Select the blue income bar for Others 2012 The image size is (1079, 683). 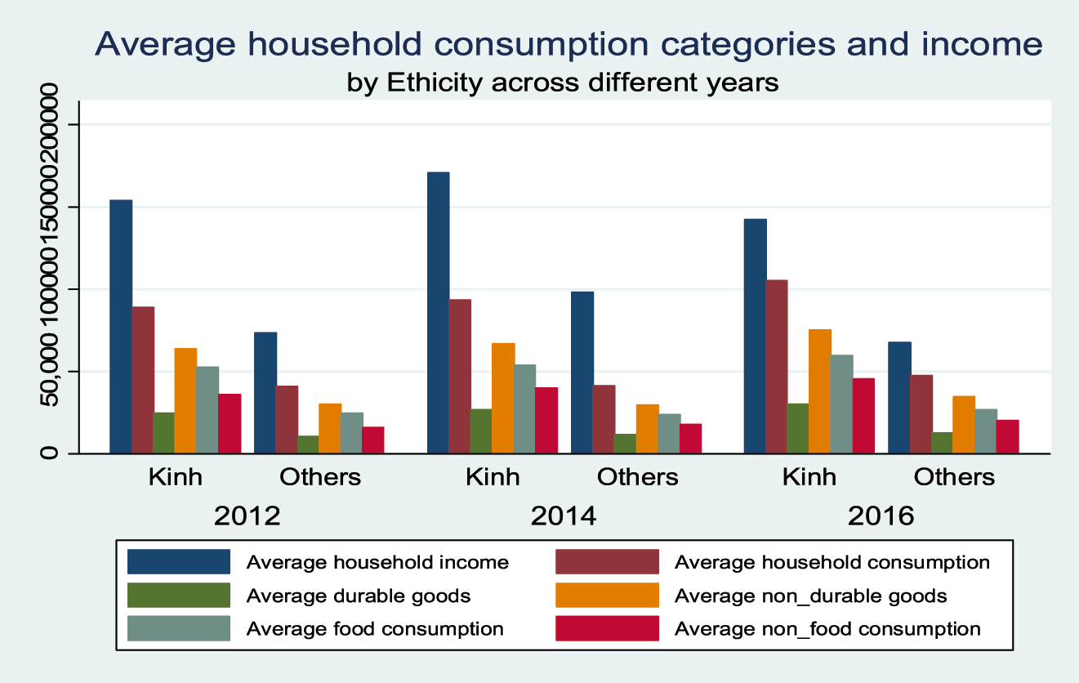click(265, 392)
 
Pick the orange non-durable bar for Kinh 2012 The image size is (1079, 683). click(185, 400)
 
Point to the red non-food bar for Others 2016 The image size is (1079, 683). click(1007, 436)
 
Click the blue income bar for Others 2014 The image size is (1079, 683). click(582, 372)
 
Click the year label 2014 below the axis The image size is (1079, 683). click(564, 516)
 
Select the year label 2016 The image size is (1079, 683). click(881, 516)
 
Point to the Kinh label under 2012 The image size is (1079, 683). click(175, 476)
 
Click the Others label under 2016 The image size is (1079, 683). click(954, 476)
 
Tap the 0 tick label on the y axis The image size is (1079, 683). click(51, 453)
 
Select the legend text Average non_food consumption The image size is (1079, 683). click(827, 628)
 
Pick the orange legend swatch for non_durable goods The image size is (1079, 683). click(607, 596)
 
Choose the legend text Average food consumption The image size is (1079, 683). click(375, 628)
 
